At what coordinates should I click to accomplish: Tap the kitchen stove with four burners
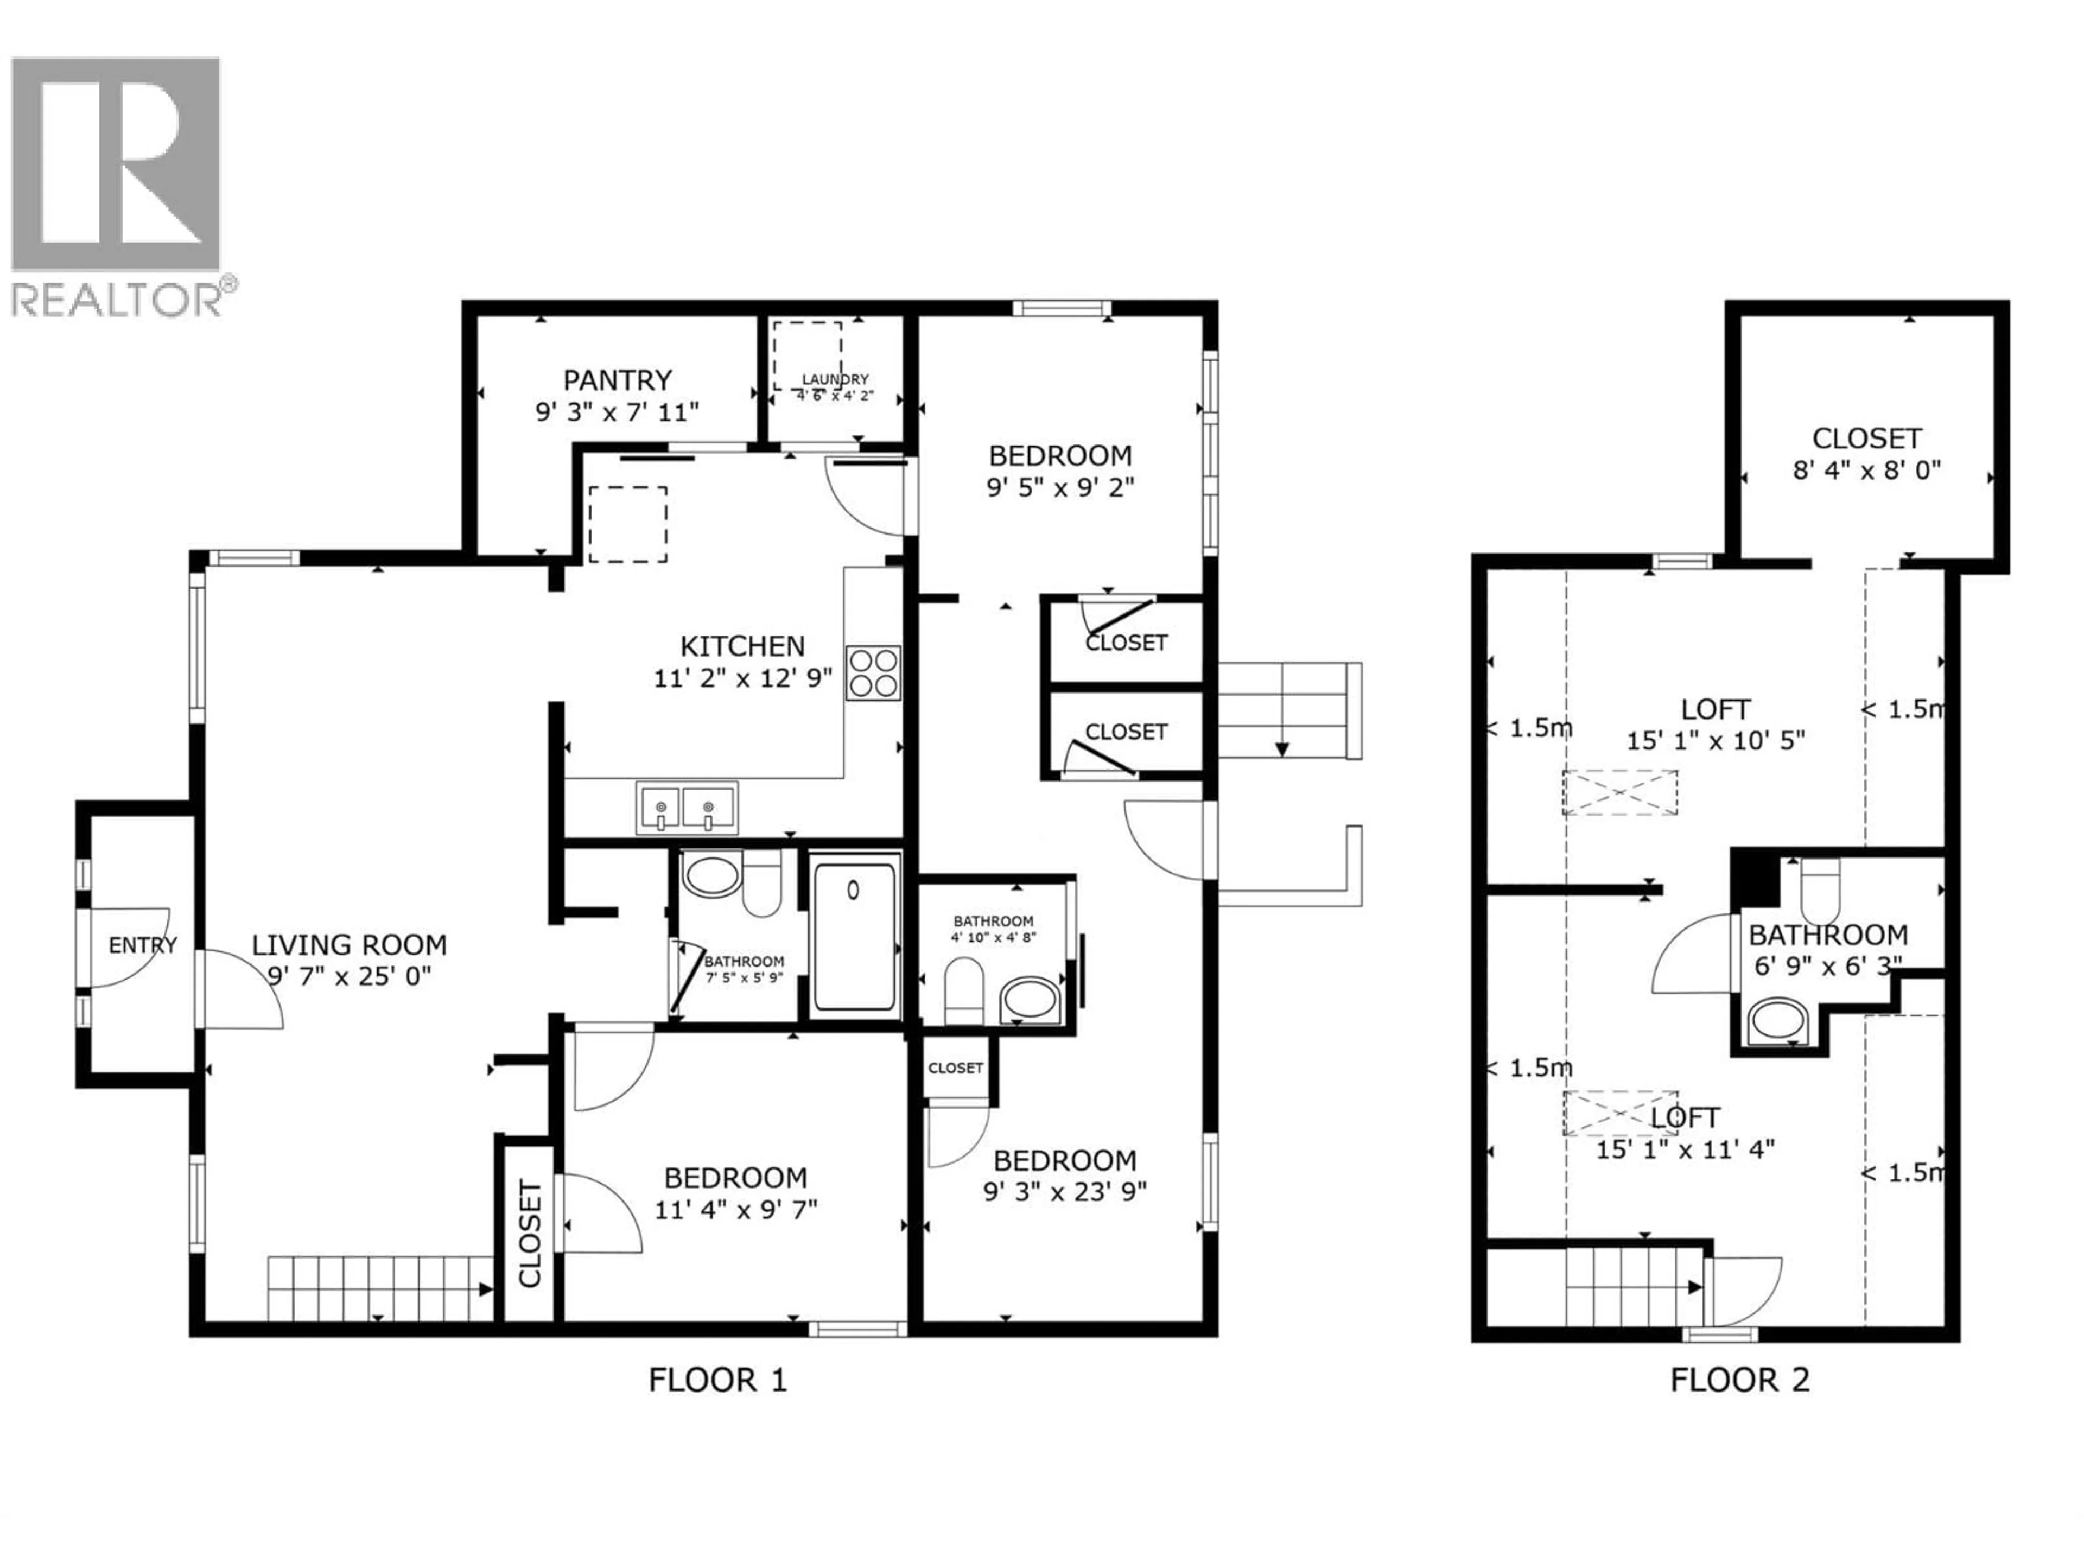point(873,672)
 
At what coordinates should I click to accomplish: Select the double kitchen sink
point(686,808)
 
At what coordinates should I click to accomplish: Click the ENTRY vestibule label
point(142,945)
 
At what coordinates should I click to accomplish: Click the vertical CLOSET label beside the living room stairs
point(530,1233)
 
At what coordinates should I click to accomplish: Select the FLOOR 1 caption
point(717,1380)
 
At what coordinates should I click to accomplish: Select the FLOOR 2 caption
point(1739,1380)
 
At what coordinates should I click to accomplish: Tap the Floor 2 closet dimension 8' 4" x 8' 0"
point(1866,470)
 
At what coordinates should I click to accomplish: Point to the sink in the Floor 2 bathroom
point(1776,1022)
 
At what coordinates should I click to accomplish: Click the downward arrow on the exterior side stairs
point(1281,749)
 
